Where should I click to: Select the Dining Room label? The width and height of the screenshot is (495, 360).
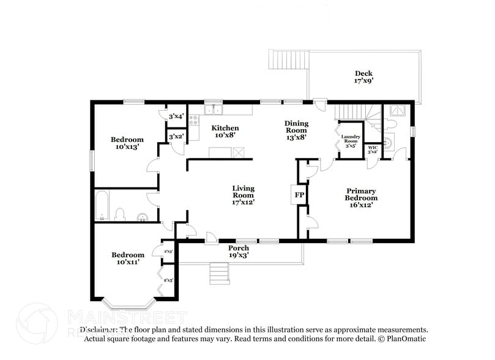[296, 130]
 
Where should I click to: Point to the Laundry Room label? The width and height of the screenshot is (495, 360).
[351, 141]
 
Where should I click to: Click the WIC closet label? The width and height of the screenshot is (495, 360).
[372, 149]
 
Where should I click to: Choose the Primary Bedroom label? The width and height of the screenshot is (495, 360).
[362, 198]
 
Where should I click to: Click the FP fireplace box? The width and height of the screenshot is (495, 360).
[300, 195]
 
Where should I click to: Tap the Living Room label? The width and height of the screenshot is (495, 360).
[243, 195]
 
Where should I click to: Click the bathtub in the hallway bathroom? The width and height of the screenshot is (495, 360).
[103, 206]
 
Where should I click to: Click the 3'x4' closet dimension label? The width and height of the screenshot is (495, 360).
[176, 116]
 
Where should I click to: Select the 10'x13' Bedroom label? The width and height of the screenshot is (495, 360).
[127, 143]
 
